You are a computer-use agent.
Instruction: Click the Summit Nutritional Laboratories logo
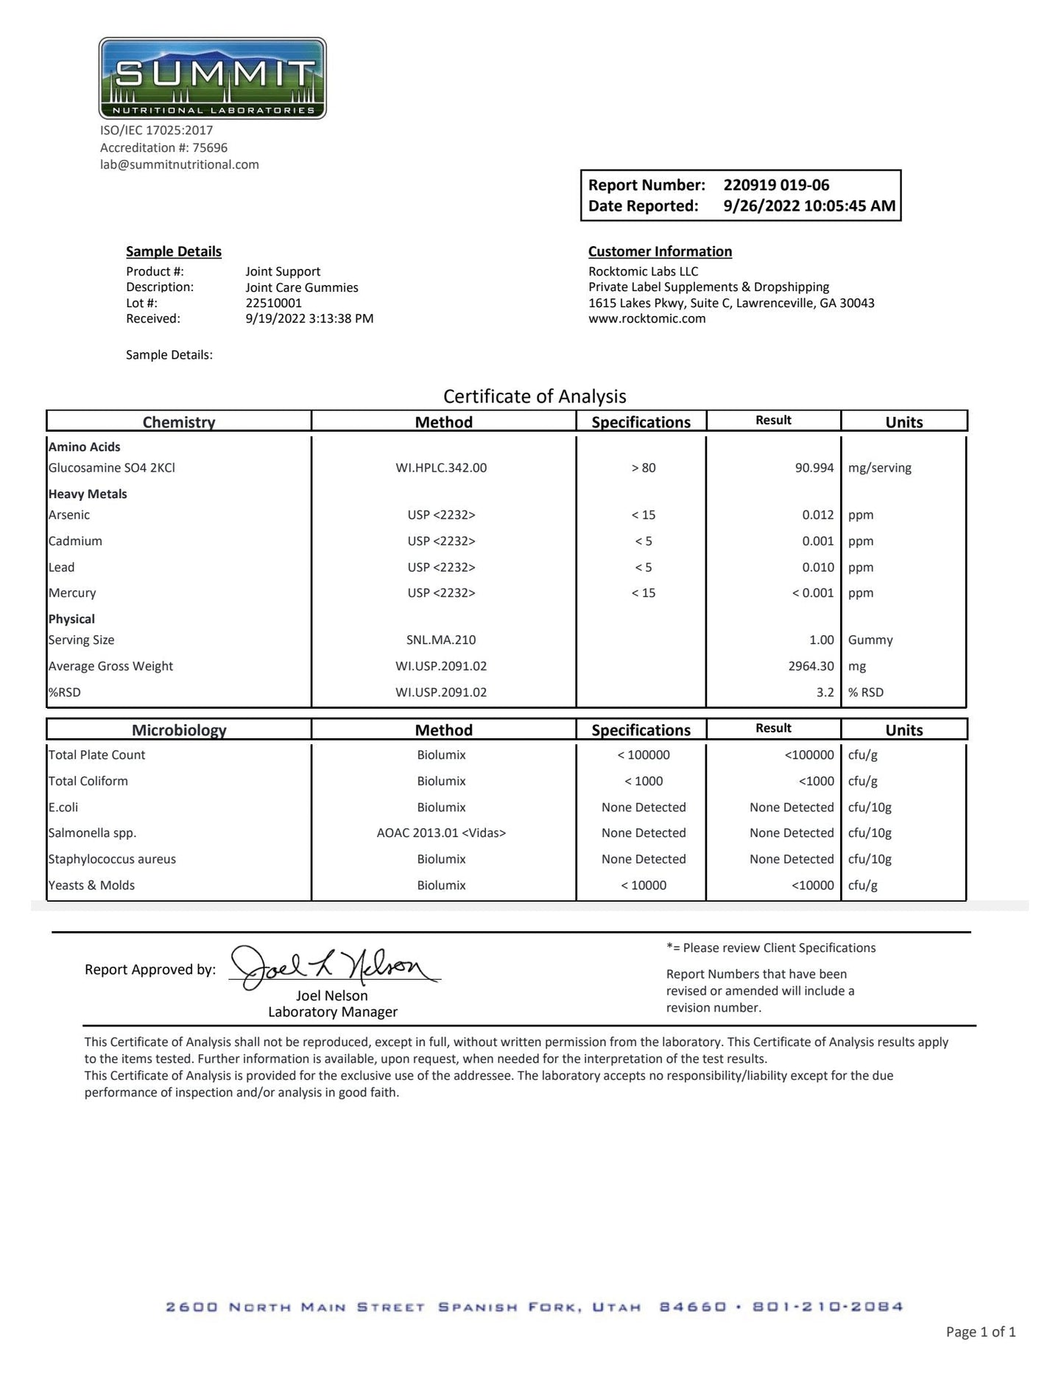(212, 78)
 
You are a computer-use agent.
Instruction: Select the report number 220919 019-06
(776, 185)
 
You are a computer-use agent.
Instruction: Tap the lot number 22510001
(273, 303)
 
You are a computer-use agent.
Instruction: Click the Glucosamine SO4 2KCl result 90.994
(814, 468)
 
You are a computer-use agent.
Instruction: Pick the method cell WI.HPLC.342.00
(441, 468)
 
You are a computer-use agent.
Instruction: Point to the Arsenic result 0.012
(817, 515)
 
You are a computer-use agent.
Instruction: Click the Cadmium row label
(75, 541)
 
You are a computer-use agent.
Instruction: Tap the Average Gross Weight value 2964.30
(811, 666)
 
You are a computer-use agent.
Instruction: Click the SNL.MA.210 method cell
(441, 640)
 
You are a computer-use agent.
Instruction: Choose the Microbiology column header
(179, 730)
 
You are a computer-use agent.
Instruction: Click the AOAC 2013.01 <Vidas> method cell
(441, 833)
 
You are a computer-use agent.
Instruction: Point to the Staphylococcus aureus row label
(112, 859)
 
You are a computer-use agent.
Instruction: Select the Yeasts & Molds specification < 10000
(643, 886)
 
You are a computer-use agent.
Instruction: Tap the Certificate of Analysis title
(535, 396)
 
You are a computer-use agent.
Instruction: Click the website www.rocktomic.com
(646, 319)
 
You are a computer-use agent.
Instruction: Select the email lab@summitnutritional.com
(180, 164)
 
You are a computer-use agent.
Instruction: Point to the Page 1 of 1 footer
(980, 1331)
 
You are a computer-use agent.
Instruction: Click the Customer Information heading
(660, 251)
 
